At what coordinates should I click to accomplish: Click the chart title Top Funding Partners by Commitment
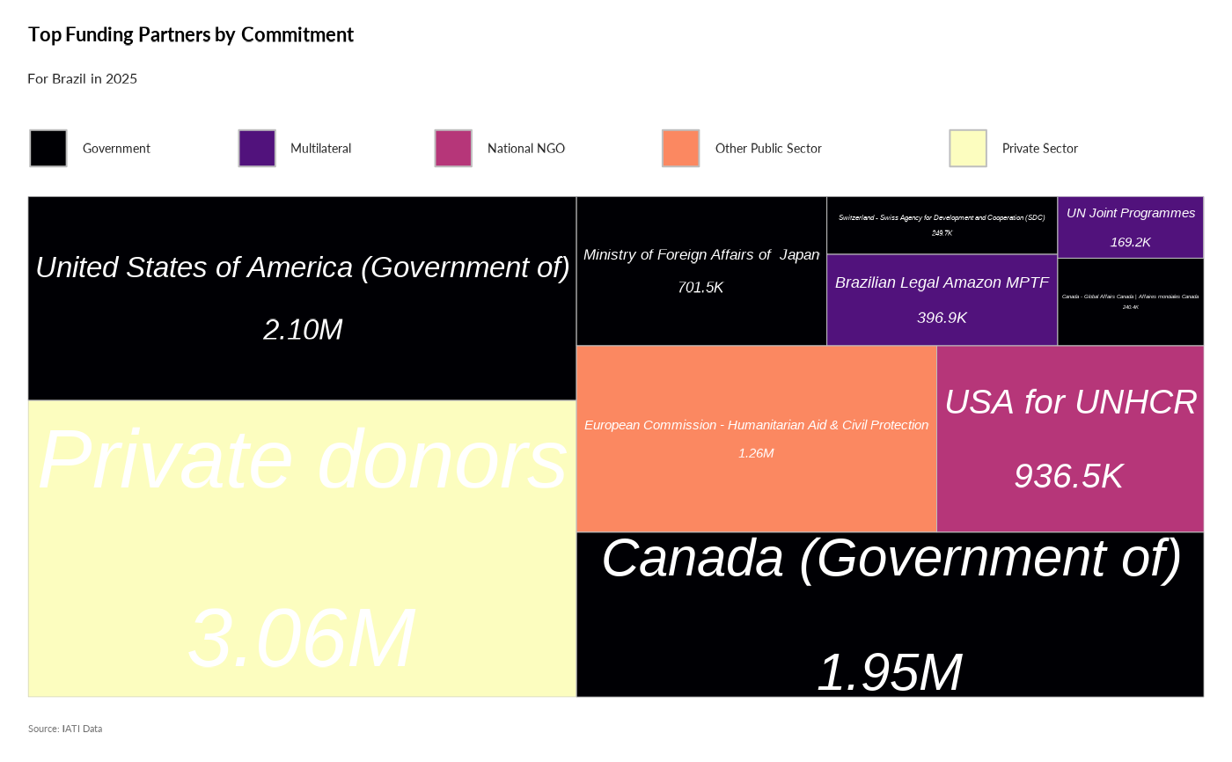pos(191,35)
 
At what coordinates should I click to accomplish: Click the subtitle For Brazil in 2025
pos(83,79)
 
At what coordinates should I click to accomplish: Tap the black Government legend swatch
pos(48,148)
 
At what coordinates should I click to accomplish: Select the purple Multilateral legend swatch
pos(257,148)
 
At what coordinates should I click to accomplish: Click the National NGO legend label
pos(526,149)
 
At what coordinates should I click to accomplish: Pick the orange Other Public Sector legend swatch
pos(681,148)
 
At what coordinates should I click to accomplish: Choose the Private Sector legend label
pos(1040,149)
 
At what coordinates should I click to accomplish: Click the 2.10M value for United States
pos(303,330)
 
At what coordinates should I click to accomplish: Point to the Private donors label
pos(303,459)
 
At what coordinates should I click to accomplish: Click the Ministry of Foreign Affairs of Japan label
pos(701,255)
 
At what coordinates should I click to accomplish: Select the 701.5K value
pos(700,288)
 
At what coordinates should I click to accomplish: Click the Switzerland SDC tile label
pos(942,217)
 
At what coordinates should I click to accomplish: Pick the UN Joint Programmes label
pos(1131,213)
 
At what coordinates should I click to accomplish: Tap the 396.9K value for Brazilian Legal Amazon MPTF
pos(942,318)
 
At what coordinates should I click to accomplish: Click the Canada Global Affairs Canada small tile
pos(1131,301)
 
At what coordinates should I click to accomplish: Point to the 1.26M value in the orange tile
pos(756,453)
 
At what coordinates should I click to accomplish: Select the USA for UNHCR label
pos(1071,402)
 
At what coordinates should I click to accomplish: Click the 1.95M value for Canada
pos(890,673)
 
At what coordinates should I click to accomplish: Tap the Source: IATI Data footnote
pos(65,729)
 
